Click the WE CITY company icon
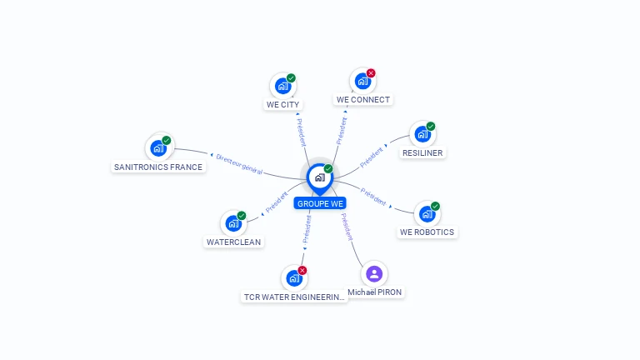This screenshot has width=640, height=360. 282,86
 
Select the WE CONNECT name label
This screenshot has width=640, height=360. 362,100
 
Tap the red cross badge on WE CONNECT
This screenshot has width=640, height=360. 371,73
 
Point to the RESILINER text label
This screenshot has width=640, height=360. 422,153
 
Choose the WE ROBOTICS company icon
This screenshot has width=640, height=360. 427,214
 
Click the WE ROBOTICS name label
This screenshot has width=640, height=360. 427,232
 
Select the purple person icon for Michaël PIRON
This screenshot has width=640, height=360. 374,273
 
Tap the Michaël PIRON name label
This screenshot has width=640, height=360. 375,292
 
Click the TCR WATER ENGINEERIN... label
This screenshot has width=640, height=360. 294,297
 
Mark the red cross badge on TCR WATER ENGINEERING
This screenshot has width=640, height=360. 302,270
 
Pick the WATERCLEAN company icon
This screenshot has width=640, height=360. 233,223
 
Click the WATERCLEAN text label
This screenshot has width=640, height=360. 233,242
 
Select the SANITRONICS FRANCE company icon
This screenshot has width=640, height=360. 158,148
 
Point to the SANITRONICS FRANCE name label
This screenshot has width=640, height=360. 158,167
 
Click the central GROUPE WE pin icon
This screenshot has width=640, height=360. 319,177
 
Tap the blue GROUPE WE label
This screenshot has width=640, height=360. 319,203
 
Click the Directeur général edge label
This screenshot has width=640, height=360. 238,164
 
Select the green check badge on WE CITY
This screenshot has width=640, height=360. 291,78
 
